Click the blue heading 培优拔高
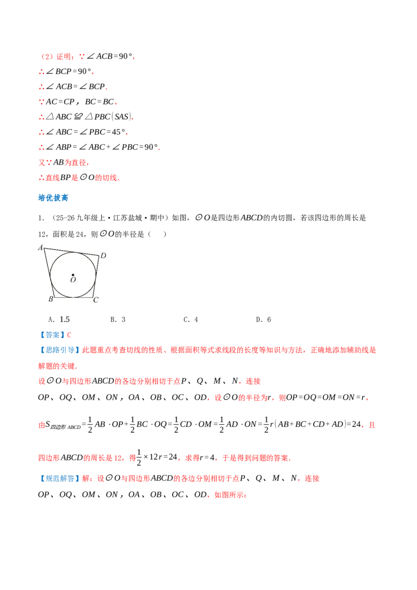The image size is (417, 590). click(53, 198)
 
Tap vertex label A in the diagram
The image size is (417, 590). click(41, 248)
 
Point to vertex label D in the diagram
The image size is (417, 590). click(103, 255)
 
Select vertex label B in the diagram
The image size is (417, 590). click(51, 299)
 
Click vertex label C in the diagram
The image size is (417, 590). click(96, 300)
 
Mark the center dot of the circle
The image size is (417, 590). click(73, 275)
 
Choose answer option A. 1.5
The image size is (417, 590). click(59, 319)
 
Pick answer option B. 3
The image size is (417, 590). click(118, 319)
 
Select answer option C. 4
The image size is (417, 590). click(191, 319)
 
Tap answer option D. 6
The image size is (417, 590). click(263, 319)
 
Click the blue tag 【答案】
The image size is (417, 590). click(52, 335)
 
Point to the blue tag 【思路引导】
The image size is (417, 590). click(59, 350)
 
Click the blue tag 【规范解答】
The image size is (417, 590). click(59, 478)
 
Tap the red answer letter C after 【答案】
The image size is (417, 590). click(69, 335)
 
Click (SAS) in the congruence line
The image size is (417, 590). click(121, 117)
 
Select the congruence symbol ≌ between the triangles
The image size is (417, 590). click(78, 117)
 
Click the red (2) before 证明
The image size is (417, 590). click(47, 56)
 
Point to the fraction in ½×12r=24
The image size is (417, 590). click(139, 457)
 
